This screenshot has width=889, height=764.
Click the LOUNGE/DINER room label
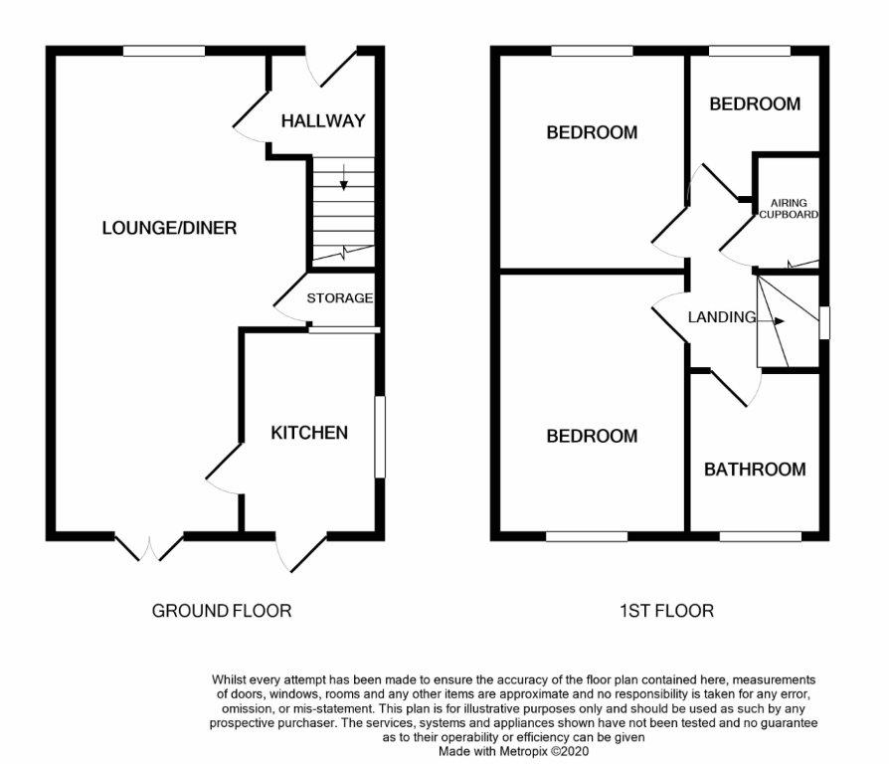[x=169, y=228]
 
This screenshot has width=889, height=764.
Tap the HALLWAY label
[x=322, y=121]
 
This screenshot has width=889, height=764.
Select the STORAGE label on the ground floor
[x=339, y=297]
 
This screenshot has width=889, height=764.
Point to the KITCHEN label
[x=309, y=432]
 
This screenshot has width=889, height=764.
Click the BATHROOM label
[x=755, y=469]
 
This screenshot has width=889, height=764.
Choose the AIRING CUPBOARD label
[x=788, y=209]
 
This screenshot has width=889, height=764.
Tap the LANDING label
[x=722, y=317]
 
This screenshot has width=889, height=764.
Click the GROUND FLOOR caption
[x=222, y=610]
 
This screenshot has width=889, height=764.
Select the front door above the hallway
[x=332, y=65]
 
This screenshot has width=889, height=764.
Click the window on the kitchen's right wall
[x=378, y=438]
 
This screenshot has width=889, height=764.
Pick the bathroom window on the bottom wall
[x=760, y=536]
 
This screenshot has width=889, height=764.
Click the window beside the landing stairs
[x=823, y=323]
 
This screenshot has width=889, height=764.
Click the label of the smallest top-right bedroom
[x=754, y=103]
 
